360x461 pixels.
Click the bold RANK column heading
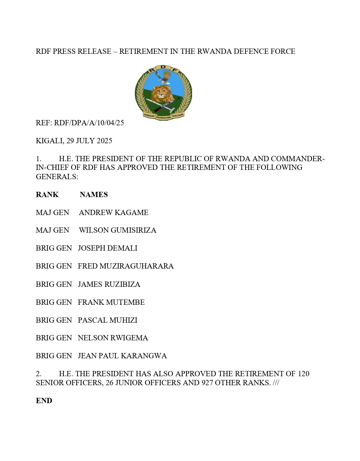(x=47, y=195)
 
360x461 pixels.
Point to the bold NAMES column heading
(x=94, y=195)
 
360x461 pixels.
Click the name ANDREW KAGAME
(x=114, y=213)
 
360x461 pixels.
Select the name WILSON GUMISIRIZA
(x=118, y=230)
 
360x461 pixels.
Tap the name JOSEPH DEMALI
(x=108, y=248)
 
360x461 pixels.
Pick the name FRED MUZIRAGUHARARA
(x=126, y=266)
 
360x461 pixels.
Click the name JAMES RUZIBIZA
(x=109, y=284)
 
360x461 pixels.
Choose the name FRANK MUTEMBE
(x=111, y=302)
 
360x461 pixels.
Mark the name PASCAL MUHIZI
(x=107, y=320)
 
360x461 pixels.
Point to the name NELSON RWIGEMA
(x=113, y=338)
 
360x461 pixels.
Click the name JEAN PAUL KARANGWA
(x=122, y=356)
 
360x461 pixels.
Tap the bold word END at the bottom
(x=44, y=401)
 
